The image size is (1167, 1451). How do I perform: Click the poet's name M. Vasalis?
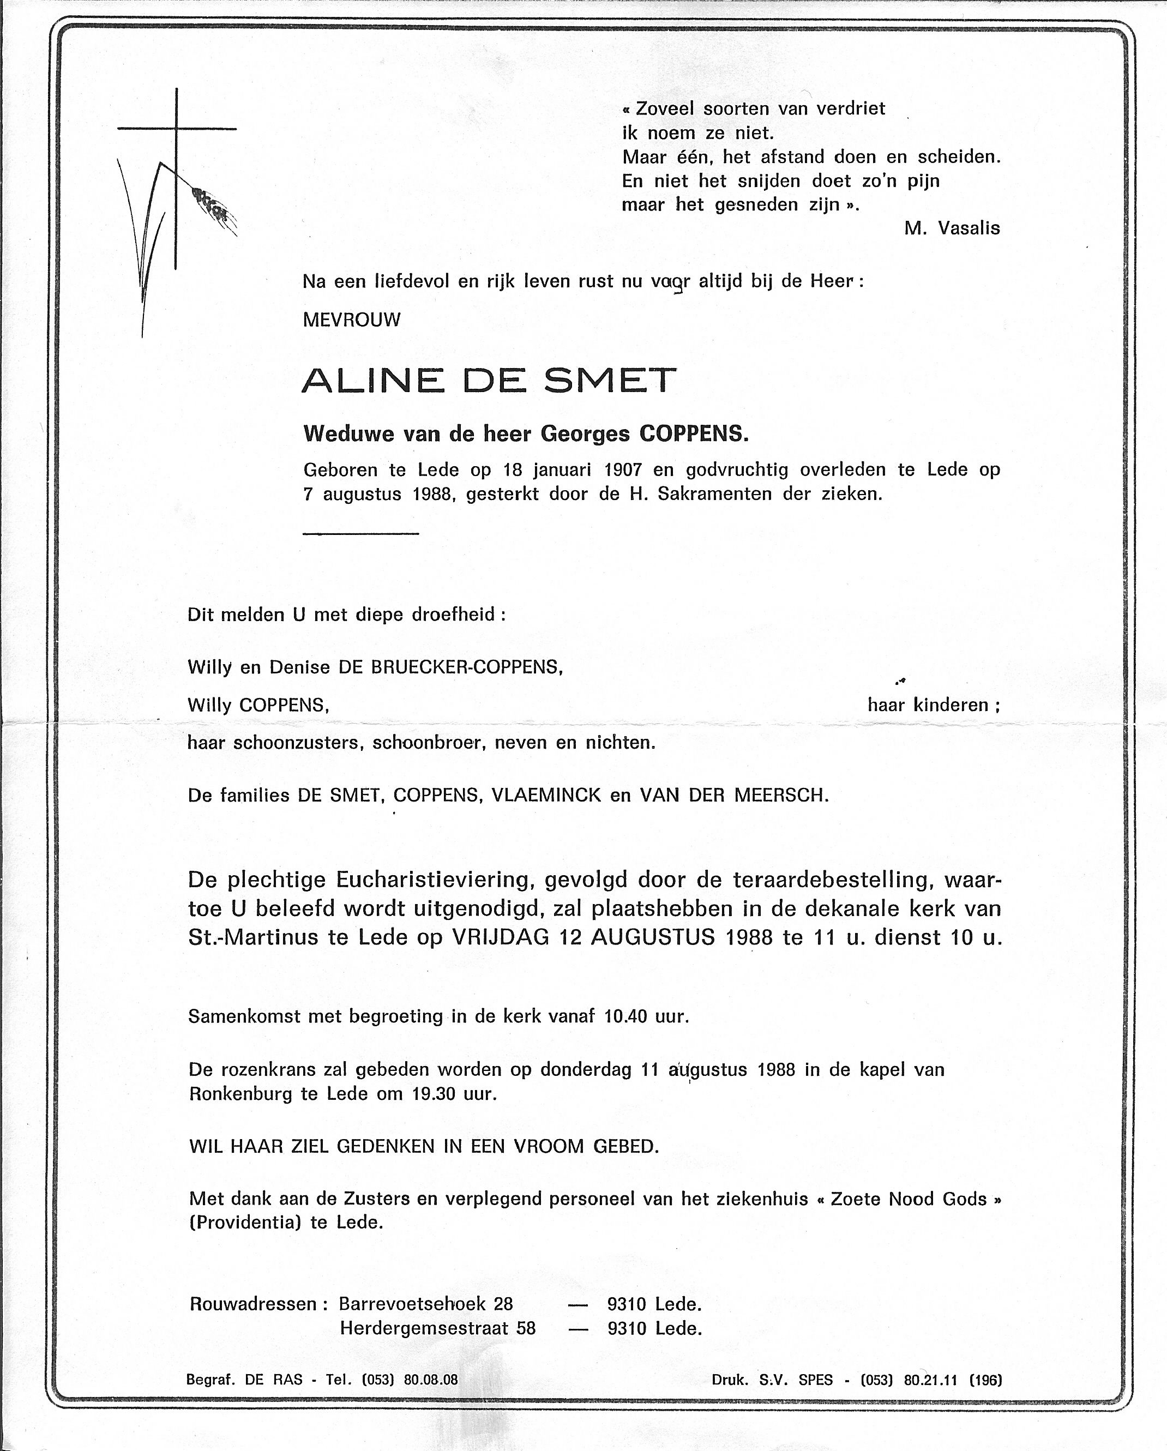(x=952, y=228)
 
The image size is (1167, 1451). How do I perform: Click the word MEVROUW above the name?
(x=351, y=320)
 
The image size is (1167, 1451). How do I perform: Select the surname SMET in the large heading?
(x=609, y=381)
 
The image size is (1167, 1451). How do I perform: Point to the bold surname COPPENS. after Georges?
(x=693, y=434)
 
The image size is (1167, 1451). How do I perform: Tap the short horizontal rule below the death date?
(x=360, y=534)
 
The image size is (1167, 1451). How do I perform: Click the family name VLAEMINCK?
(x=546, y=796)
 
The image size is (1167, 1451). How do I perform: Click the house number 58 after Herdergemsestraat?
(x=525, y=1328)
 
